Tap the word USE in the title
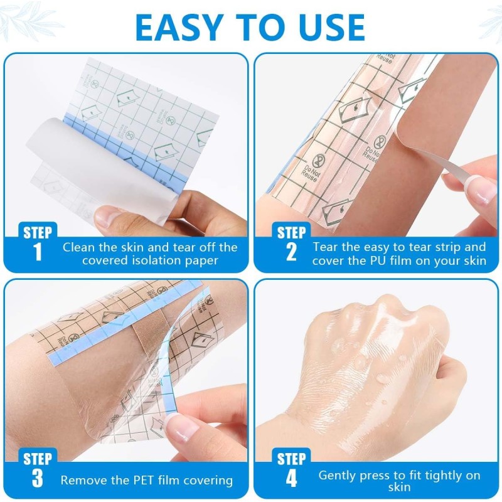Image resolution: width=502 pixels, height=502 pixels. tap(324, 27)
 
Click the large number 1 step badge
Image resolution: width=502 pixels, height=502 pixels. tap(38, 252)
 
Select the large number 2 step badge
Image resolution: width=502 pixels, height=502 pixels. tap(291, 252)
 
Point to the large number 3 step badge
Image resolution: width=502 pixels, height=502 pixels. tap(38, 479)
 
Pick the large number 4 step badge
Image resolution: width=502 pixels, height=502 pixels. tap(291, 479)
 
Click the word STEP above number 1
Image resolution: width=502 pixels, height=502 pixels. tap(38, 232)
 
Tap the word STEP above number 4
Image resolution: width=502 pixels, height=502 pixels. tap(291, 459)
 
